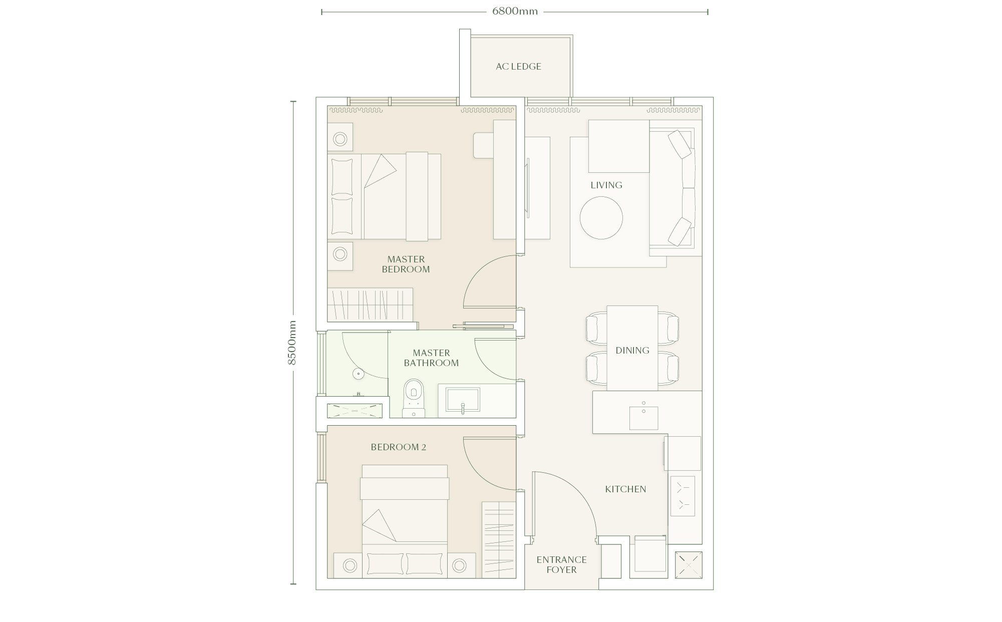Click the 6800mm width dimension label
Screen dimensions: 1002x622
click(x=515, y=12)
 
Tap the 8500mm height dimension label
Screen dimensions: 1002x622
click(x=292, y=343)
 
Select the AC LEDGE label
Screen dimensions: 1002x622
click(x=518, y=67)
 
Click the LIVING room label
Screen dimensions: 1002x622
click(x=606, y=185)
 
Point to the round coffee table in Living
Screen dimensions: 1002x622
click(x=601, y=218)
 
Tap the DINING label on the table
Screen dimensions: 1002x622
click(x=632, y=351)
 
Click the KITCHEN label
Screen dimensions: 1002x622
click(x=625, y=489)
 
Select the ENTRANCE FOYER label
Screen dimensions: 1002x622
click(x=561, y=565)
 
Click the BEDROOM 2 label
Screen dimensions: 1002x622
click(x=399, y=447)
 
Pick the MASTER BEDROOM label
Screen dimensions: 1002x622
click(x=406, y=264)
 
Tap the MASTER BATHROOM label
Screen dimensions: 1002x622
click(x=431, y=358)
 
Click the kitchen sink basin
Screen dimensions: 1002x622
click(x=643, y=418)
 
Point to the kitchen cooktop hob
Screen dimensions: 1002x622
click(x=683, y=496)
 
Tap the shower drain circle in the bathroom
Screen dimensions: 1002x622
click(x=358, y=374)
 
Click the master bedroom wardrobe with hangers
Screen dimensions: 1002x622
click(x=370, y=304)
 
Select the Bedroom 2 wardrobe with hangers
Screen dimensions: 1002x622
click(x=499, y=540)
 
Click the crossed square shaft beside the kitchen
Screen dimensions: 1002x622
click(x=689, y=565)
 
